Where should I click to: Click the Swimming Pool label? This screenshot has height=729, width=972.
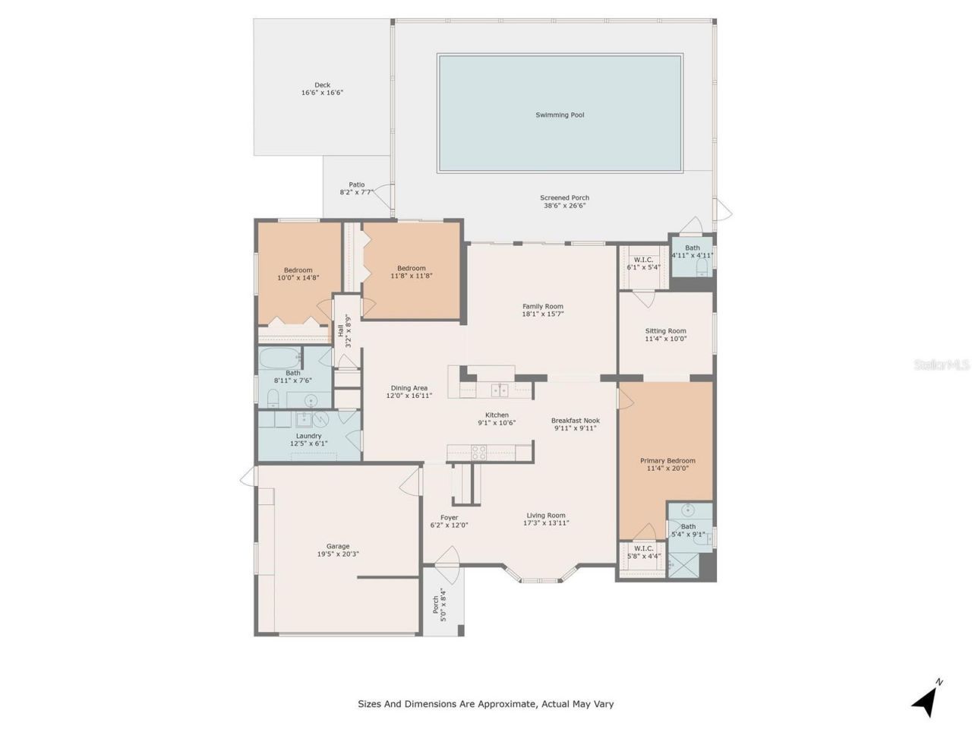pyautogui.click(x=560, y=115)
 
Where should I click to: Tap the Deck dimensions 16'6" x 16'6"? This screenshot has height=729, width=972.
pyautogui.click(x=322, y=93)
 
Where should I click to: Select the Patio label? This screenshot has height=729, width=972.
pyautogui.click(x=356, y=185)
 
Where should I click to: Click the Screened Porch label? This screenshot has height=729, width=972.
pyautogui.click(x=564, y=198)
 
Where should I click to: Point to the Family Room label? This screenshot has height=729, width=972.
pyautogui.click(x=542, y=307)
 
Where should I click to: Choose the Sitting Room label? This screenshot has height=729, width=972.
pyautogui.click(x=665, y=331)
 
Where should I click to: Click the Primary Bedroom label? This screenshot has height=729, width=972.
pyautogui.click(x=667, y=461)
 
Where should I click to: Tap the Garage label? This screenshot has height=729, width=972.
pyautogui.click(x=338, y=546)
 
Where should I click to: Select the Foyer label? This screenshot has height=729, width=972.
pyautogui.click(x=449, y=518)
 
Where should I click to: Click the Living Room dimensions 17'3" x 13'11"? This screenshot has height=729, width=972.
pyautogui.click(x=547, y=523)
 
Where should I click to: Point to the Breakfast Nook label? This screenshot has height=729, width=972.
pyautogui.click(x=575, y=421)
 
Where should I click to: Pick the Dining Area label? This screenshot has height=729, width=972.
pyautogui.click(x=409, y=388)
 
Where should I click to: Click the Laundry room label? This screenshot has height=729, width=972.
pyautogui.click(x=308, y=436)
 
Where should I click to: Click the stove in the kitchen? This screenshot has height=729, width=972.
pyautogui.click(x=478, y=453)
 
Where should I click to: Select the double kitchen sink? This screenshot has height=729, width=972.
pyautogui.click(x=499, y=390)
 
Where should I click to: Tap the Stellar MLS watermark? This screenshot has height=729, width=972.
pyautogui.click(x=941, y=365)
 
